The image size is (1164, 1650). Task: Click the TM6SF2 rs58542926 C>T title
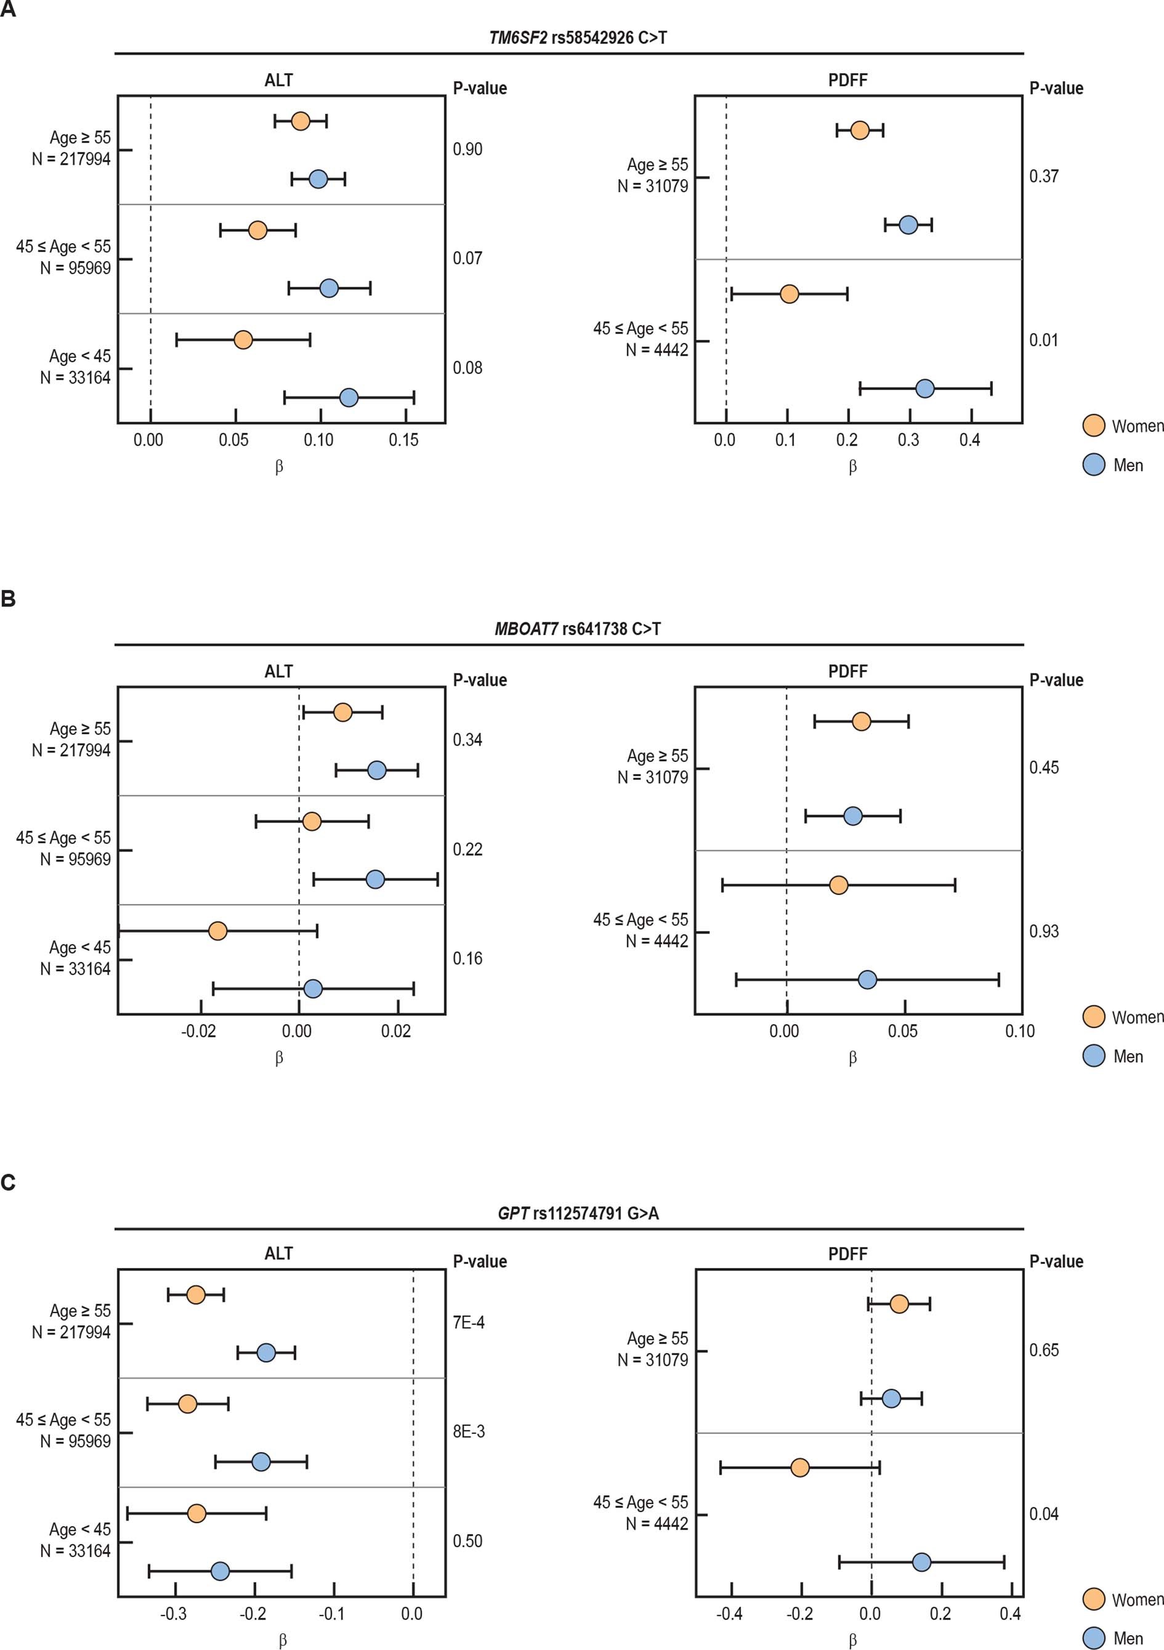pos(577,38)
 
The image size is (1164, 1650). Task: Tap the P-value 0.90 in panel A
pos(467,150)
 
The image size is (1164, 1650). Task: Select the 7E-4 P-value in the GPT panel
pos(469,1322)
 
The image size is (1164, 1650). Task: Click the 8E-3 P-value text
pos(469,1431)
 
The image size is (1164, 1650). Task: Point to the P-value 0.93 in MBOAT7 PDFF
pos(1043,931)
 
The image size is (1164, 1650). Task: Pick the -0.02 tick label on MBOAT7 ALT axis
pos(198,1031)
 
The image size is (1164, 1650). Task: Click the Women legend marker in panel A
pos(1093,426)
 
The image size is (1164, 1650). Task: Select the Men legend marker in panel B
pos(1093,1056)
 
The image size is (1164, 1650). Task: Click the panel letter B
pos(9,599)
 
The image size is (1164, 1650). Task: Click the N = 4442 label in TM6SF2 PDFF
pos(656,350)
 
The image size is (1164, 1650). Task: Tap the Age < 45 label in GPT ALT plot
pos(80,1529)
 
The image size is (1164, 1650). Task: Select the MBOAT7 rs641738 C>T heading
pos(577,629)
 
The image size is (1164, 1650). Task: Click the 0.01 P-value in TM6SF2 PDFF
pos(1043,340)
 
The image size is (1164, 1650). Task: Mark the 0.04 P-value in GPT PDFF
pos(1043,1514)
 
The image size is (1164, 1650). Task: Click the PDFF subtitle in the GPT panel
pos(847,1254)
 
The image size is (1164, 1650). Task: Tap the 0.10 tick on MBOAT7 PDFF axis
pos(1019,1031)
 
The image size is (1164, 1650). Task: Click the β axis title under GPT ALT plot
pos(282,1641)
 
